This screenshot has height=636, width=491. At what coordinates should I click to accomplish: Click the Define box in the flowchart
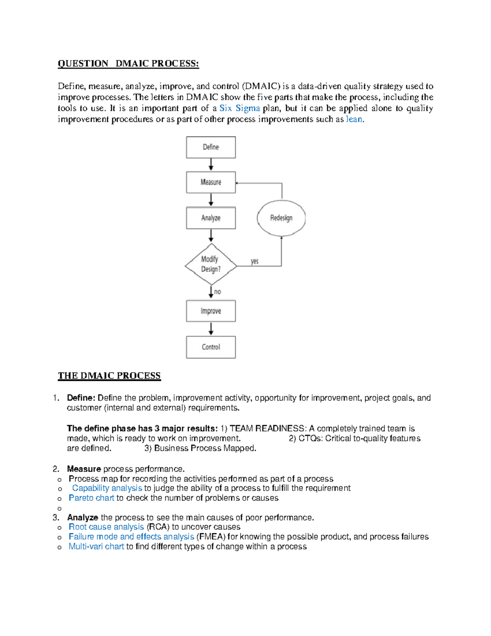(x=211, y=147)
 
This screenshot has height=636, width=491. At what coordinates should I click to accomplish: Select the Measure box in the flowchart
(x=211, y=182)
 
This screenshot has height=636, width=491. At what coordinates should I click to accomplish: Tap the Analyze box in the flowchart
(x=211, y=218)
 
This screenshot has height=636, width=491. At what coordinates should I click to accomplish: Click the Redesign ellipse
(x=281, y=218)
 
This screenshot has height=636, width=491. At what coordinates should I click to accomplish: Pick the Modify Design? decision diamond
(x=211, y=265)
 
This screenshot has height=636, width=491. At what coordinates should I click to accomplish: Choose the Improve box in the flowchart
(x=211, y=311)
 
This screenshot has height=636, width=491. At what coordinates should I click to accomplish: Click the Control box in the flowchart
(x=211, y=347)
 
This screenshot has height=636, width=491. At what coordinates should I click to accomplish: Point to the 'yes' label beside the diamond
(x=255, y=261)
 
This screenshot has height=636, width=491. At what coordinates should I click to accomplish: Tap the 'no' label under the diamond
(x=217, y=292)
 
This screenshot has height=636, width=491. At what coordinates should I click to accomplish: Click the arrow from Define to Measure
(x=211, y=165)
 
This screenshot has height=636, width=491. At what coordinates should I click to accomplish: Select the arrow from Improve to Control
(x=211, y=329)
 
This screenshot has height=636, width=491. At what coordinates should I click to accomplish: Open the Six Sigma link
(x=240, y=108)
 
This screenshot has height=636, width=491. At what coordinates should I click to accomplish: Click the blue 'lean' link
(x=354, y=119)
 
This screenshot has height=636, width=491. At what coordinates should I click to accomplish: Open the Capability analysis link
(x=107, y=488)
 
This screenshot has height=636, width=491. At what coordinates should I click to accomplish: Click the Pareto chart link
(x=91, y=498)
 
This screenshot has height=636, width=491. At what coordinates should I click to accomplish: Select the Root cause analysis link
(x=106, y=527)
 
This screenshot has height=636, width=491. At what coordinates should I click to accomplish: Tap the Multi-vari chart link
(x=96, y=547)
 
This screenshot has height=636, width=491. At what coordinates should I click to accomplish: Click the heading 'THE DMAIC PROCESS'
(x=109, y=376)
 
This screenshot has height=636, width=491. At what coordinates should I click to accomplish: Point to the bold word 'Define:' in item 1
(x=81, y=398)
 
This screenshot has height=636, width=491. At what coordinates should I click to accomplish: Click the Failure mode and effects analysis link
(x=131, y=537)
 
